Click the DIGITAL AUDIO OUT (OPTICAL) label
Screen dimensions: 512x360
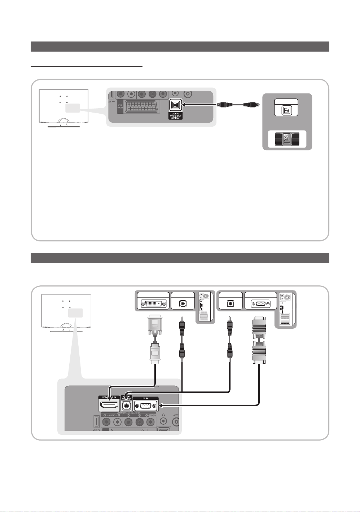[175, 116]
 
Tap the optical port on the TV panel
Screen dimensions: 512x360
[176, 105]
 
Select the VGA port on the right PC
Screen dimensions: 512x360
[260, 304]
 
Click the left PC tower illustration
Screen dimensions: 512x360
[205, 307]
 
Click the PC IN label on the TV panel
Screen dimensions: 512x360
[145, 398]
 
